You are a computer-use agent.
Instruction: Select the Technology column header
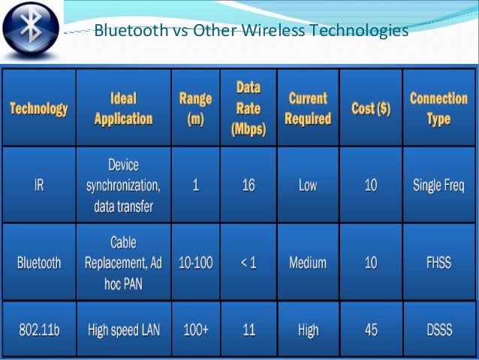[x=38, y=109]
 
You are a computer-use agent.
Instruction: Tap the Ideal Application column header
[x=123, y=109]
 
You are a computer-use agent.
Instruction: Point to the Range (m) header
[x=195, y=109]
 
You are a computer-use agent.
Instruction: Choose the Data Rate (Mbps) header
[x=249, y=109]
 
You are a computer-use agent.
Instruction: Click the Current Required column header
[x=308, y=109]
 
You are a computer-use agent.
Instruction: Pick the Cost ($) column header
[x=371, y=109]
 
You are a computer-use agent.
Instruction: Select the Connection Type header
[x=438, y=109]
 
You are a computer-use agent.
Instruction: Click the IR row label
[x=38, y=186]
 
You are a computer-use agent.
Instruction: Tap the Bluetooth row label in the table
[x=38, y=263]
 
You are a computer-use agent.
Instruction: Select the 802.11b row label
[x=38, y=329]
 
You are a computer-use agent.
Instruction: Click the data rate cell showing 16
[x=249, y=186]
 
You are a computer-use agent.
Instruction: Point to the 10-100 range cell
[x=195, y=263]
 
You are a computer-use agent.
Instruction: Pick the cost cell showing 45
[x=371, y=329]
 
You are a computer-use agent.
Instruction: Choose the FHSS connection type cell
[x=438, y=263]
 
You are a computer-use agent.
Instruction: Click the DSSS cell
[x=438, y=329]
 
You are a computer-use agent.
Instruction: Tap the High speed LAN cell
[x=123, y=329]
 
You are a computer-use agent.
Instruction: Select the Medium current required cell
[x=308, y=263]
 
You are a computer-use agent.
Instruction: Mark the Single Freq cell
[x=438, y=186]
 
